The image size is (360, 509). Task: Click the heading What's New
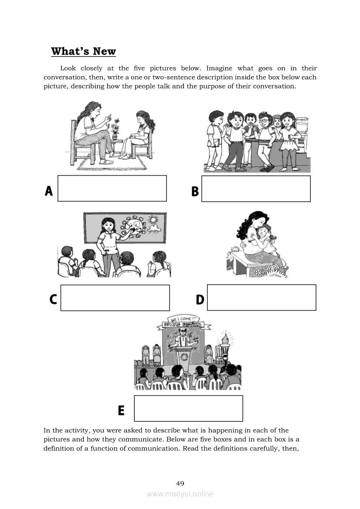coord(83,51)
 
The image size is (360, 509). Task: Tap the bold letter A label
coord(49,191)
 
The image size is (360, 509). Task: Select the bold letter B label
coord(195,191)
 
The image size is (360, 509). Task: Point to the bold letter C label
coord(53,299)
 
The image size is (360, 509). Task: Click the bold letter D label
coord(200,299)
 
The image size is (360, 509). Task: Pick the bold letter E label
coord(121,410)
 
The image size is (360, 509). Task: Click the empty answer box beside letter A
coord(112,188)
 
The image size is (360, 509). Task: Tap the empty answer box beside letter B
coord(256,189)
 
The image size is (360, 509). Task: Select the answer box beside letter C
coord(115,298)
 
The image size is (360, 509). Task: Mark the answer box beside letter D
coord(262,297)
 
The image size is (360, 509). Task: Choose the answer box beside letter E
coord(188,408)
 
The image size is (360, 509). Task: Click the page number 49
coord(180,483)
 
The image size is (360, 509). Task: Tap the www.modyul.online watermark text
coord(180,494)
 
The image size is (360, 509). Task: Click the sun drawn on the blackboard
coord(152,220)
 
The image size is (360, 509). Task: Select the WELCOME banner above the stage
coord(184,319)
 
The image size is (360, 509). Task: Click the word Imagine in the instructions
coord(219,68)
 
